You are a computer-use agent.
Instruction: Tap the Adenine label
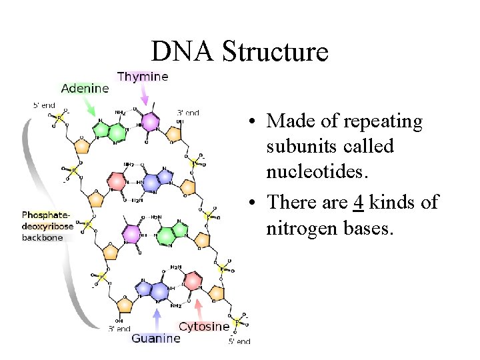[85, 88]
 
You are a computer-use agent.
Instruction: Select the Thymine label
[143, 77]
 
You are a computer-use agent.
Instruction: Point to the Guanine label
[156, 338]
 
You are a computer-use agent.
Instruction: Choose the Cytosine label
[204, 327]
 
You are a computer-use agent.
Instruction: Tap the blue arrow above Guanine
[157, 317]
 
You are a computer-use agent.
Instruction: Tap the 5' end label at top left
[45, 105]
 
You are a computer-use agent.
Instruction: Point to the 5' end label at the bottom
[239, 341]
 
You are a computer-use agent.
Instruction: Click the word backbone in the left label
[42, 237]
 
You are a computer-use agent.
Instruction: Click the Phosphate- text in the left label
[45, 215]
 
